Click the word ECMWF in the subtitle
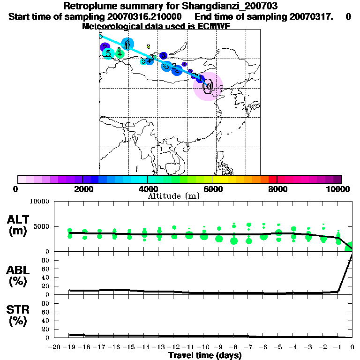[x=214, y=26]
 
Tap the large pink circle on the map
[x=208, y=86]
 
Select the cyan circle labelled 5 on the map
[x=108, y=53]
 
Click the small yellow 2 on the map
[x=148, y=46]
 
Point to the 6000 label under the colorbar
[x=212, y=189]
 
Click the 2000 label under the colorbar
[x=82, y=189]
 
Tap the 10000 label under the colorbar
[x=338, y=189]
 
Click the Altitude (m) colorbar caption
[x=174, y=196]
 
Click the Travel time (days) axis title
[x=205, y=356]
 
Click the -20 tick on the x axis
[x=54, y=347]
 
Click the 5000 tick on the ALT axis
[x=40, y=227]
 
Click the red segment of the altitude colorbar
[x=272, y=179]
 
